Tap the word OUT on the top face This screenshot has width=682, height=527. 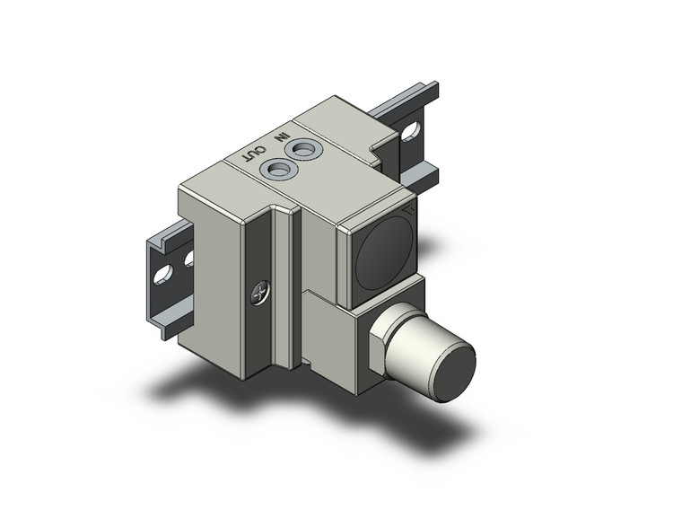pyautogui.click(x=256, y=153)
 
